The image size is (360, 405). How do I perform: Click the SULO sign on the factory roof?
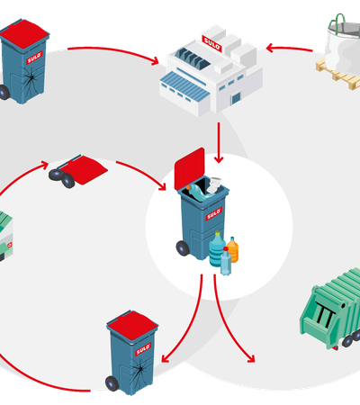211,43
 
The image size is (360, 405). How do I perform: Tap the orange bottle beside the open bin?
233,249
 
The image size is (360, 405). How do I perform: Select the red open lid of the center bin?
190,168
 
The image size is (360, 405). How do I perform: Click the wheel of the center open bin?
183,248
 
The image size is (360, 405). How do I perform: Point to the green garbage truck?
330,309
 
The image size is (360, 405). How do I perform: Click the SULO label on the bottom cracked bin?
143,349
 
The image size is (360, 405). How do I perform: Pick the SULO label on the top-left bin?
34,58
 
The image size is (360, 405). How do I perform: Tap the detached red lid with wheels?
78,170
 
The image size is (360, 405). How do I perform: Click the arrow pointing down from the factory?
219,142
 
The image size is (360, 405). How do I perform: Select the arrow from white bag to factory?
289,49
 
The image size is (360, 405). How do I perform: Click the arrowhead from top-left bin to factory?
155,60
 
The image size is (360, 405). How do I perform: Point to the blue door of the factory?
236,98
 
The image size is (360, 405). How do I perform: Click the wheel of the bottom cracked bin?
112,383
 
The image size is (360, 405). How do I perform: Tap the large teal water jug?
217,248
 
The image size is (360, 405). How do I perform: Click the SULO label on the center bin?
213,214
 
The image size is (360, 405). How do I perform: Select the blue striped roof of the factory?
184,86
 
